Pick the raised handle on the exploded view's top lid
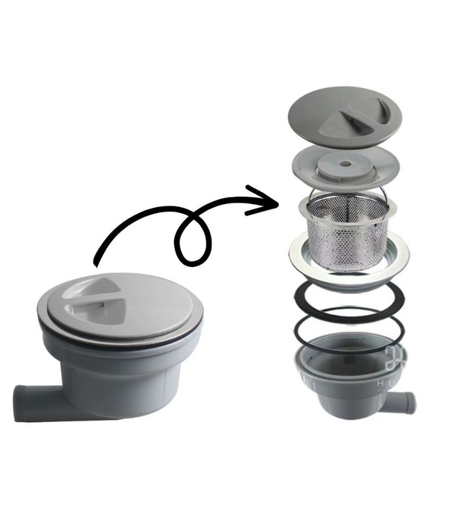tap(360, 112)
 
